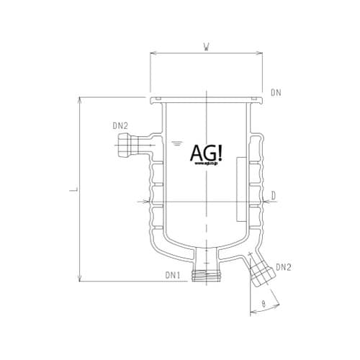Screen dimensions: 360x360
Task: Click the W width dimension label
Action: (x=206, y=49)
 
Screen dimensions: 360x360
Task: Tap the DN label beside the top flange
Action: (x=276, y=93)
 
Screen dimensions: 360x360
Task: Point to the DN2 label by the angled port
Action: (x=283, y=267)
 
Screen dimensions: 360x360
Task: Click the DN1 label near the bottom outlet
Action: (x=172, y=276)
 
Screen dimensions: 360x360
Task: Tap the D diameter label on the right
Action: (x=274, y=194)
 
